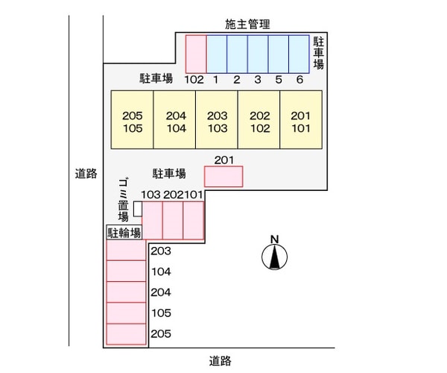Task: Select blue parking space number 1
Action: pyautogui.click(x=216, y=53)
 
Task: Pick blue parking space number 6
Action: pyautogui.click(x=299, y=53)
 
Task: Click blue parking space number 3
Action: pyautogui.click(x=257, y=53)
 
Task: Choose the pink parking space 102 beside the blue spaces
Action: pyautogui.click(x=195, y=53)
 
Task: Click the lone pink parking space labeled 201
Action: pyautogui.click(x=223, y=177)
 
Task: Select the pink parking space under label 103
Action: pyautogui.click(x=152, y=221)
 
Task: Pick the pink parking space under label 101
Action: pyautogui.click(x=194, y=221)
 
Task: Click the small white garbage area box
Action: pyautogui.click(x=138, y=211)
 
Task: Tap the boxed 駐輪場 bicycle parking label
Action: pyautogui.click(x=124, y=233)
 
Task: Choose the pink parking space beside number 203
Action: pyautogui.click(x=125, y=251)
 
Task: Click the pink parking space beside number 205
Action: pyautogui.click(x=125, y=335)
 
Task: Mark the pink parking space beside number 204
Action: pyautogui.click(x=125, y=292)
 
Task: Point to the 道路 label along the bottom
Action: pyautogui.click(x=220, y=361)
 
